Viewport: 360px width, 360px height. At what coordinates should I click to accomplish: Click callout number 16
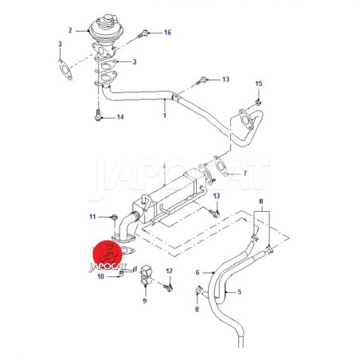click(167, 33)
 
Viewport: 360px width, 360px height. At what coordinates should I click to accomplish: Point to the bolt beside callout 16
click(143, 34)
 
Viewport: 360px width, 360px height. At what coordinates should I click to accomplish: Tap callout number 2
click(70, 30)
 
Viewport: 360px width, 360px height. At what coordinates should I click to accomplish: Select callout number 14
click(120, 117)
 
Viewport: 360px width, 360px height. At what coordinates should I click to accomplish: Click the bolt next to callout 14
click(98, 115)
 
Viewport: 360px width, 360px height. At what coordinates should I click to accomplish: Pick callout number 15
click(259, 84)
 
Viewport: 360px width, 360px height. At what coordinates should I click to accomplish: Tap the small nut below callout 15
click(257, 102)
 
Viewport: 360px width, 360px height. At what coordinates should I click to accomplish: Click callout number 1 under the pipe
click(165, 115)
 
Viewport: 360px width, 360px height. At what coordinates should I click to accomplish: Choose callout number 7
click(245, 174)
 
